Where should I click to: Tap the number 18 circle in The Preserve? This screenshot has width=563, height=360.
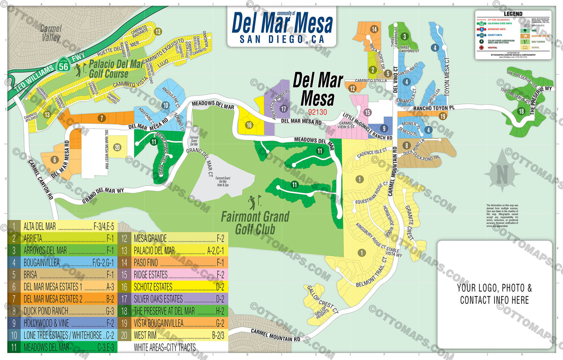tap(521, 112)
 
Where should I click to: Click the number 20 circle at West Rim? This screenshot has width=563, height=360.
tap(117, 147)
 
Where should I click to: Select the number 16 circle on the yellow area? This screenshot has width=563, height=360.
tap(249, 125)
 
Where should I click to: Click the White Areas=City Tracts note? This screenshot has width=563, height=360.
tap(164, 348)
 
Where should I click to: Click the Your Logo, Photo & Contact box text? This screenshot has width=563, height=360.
tap(495, 294)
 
